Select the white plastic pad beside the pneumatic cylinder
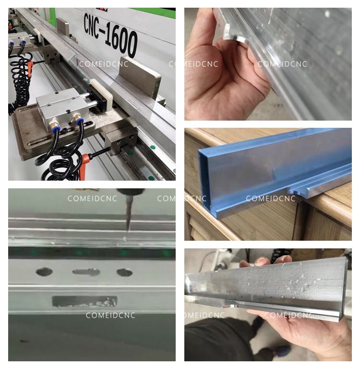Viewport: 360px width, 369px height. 101,92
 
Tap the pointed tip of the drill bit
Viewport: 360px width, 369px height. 128,231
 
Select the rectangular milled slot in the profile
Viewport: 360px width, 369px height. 84,301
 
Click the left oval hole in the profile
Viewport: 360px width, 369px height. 44,272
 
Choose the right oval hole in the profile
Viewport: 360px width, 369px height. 125,272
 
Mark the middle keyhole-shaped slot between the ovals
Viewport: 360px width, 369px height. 86,272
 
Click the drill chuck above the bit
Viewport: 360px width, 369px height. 129,192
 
